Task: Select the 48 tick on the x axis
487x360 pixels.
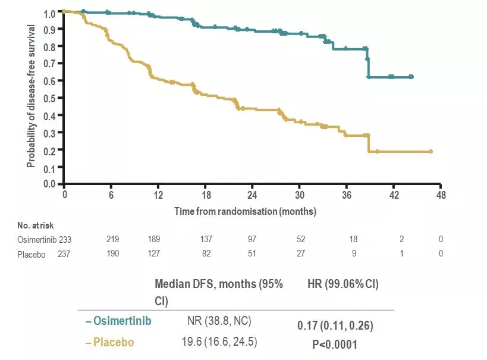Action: coord(441,195)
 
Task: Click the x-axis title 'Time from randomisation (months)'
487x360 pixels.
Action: coord(245,211)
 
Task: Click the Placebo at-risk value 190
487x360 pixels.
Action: coord(114,253)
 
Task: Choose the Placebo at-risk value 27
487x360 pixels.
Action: coord(301,253)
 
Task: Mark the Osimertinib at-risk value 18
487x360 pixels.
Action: coord(353,239)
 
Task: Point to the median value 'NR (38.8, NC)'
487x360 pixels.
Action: coord(219,321)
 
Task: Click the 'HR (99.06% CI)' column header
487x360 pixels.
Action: coord(343,284)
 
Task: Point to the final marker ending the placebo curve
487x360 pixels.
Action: coord(431,151)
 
